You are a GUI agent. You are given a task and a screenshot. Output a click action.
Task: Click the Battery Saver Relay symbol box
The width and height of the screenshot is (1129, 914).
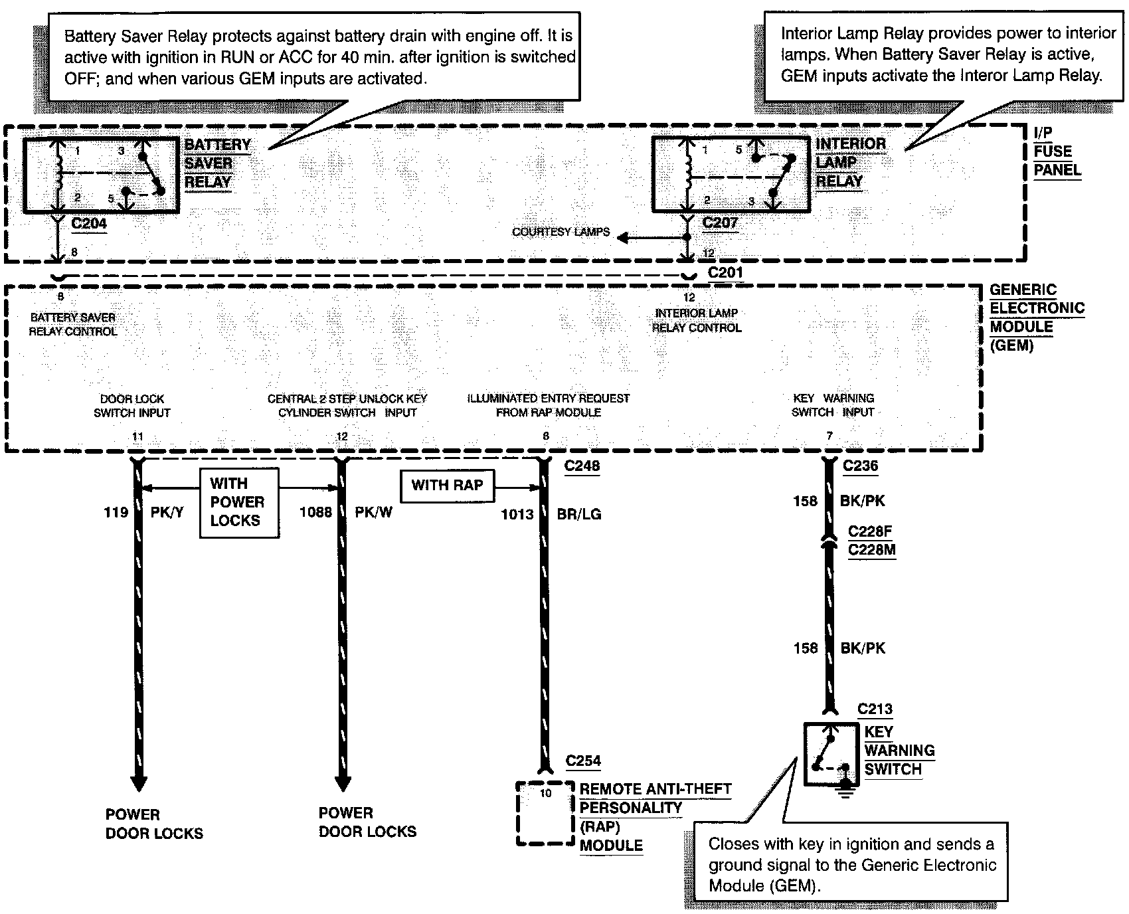[x=101, y=175]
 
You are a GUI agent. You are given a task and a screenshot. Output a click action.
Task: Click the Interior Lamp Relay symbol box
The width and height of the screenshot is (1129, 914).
[x=731, y=175]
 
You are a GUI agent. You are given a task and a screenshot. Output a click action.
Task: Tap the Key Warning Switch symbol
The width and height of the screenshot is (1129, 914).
[x=831, y=754]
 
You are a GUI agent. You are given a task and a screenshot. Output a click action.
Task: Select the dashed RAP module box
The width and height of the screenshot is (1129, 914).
[x=545, y=813]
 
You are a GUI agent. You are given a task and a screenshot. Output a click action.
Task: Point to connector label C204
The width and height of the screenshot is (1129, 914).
[x=89, y=223]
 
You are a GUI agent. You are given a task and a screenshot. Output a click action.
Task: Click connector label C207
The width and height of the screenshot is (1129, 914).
[x=720, y=223]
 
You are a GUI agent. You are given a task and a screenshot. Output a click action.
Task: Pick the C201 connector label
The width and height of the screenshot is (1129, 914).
[x=725, y=272]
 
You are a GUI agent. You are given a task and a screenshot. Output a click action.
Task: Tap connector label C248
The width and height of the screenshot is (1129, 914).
[x=582, y=466]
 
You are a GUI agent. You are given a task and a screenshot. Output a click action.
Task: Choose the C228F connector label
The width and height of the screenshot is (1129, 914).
[x=870, y=532]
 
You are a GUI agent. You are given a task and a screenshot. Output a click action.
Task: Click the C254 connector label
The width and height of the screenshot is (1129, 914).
[x=583, y=761]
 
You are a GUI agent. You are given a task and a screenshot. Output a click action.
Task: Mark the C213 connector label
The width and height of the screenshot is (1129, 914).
[x=875, y=709]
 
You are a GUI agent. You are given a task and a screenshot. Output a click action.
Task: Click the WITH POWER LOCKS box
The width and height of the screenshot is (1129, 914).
[x=238, y=502]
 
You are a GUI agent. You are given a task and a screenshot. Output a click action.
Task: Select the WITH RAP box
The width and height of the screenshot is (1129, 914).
[x=447, y=486]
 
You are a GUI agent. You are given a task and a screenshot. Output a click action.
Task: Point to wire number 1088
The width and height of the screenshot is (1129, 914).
[x=315, y=512]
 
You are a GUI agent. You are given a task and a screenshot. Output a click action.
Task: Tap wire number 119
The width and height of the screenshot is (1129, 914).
[x=116, y=512]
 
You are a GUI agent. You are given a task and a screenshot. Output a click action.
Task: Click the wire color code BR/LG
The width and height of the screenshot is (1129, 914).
[x=579, y=514]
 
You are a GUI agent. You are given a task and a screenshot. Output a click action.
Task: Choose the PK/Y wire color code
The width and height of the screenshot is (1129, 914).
[x=167, y=512]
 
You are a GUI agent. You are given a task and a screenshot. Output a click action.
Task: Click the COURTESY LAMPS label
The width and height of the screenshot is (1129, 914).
[x=561, y=232]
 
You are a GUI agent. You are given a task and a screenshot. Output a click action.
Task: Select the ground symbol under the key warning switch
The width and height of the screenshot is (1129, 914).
[x=845, y=788]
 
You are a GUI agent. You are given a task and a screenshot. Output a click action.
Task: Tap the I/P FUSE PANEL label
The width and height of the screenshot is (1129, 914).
[x=1057, y=151]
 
